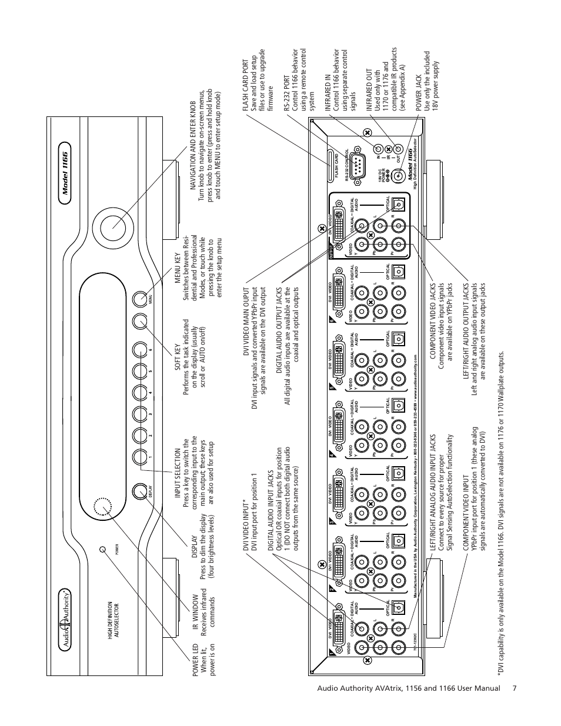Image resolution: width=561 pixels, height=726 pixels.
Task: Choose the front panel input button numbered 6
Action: coord(139,349)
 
